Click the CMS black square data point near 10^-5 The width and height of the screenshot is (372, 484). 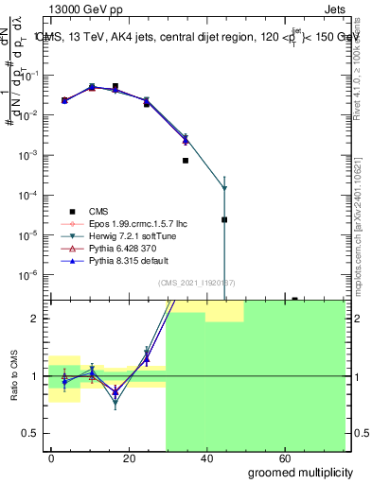224,219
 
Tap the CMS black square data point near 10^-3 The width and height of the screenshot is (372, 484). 186,161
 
